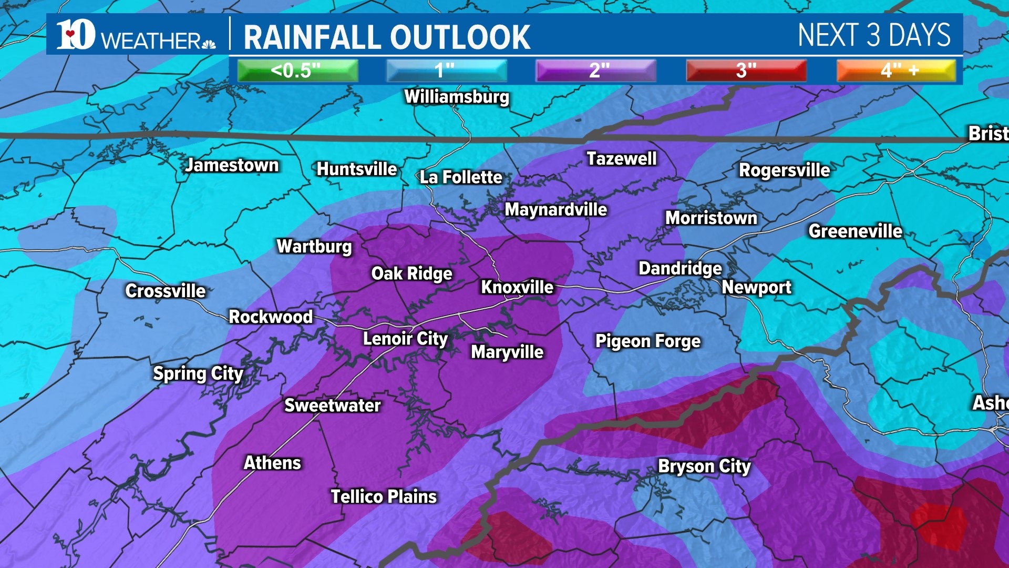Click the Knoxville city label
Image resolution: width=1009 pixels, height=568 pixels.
tap(517, 287)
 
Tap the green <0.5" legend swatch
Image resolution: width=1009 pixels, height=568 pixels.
tap(297, 70)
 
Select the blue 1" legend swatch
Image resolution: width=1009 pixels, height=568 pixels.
tap(446, 70)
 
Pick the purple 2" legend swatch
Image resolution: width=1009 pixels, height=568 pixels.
tap(596, 70)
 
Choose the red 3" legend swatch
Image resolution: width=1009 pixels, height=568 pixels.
tap(746, 70)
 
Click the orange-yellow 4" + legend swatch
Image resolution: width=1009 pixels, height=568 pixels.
tap(897, 70)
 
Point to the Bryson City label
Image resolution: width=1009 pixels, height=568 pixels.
tap(704, 466)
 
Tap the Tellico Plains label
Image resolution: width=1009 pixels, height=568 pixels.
tap(384, 496)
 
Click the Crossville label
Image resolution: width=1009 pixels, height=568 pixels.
tap(166, 291)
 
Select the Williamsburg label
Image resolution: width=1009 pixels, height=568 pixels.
tap(457, 97)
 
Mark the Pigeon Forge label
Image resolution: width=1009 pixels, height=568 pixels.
tap(647, 341)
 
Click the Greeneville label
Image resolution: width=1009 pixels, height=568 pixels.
tap(855, 231)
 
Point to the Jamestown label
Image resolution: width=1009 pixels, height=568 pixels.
tap(232, 165)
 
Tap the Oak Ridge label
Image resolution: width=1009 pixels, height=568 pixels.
tap(411, 273)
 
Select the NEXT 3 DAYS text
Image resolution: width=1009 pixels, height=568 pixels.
tap(874, 35)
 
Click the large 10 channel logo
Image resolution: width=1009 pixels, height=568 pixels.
tap(76, 35)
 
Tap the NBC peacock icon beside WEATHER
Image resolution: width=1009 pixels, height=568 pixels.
tap(209, 44)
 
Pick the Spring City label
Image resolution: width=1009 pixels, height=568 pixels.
tap(198, 373)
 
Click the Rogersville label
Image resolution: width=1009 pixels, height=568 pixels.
tap(784, 170)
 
